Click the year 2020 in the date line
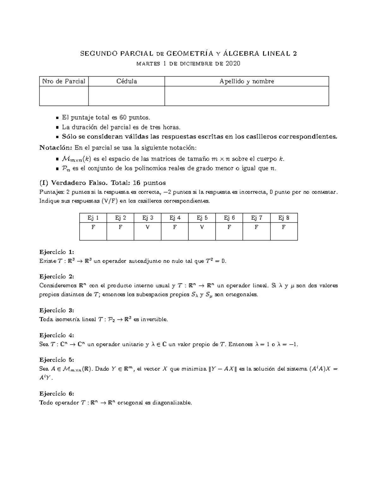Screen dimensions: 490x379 point(233,64)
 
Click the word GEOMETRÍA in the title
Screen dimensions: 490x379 point(187,54)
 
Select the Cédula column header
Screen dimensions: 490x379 point(127,81)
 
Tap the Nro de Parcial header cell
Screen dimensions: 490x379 point(64,81)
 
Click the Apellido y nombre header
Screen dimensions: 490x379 point(247,81)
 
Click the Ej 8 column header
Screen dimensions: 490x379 point(284,218)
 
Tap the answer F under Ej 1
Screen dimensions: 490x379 point(93,227)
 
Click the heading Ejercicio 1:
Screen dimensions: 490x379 point(57,252)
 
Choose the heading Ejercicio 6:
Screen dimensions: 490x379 point(57,393)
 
